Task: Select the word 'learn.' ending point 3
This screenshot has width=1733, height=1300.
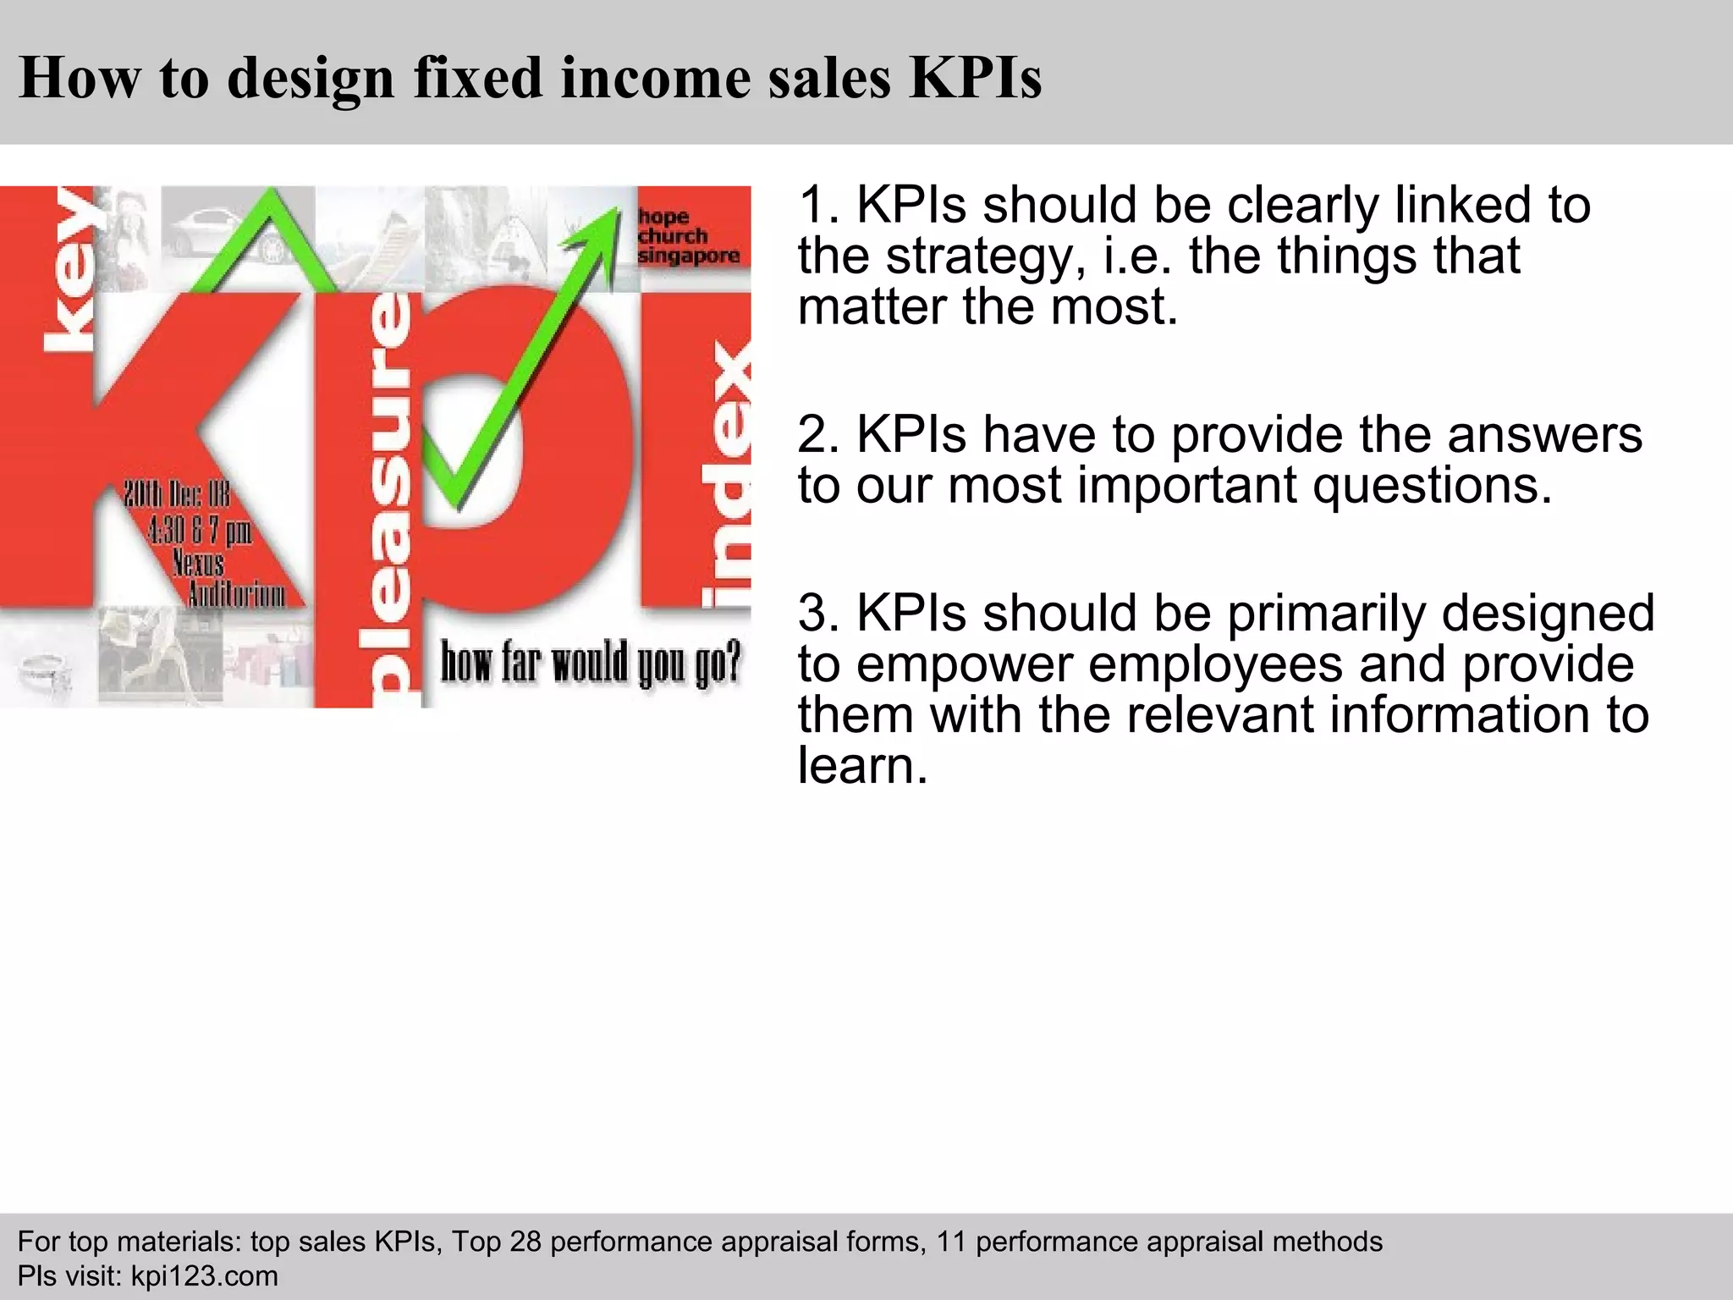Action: tap(863, 765)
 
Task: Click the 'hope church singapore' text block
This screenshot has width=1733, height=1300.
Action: tap(688, 236)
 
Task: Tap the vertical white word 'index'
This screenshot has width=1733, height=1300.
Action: tap(728, 474)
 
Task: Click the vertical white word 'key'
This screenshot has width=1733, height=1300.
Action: tap(72, 271)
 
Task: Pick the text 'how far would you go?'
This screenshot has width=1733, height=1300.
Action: tap(591, 662)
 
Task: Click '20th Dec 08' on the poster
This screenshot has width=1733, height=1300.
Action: tap(176, 494)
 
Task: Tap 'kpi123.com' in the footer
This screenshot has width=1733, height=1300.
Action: tap(204, 1276)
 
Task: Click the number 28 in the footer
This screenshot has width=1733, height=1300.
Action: tap(524, 1242)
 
